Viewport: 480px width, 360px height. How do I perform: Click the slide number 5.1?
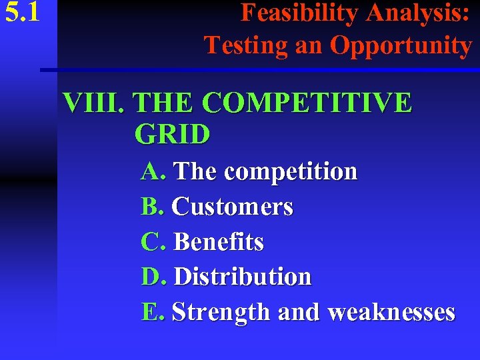pos(21,14)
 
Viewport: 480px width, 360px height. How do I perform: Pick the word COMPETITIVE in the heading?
pos(306,103)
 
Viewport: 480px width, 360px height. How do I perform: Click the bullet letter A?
pos(153,172)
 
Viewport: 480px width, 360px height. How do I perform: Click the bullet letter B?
pos(152,207)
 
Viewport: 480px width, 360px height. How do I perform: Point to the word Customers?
pos(233,207)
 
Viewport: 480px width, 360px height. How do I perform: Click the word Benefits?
pos(219,242)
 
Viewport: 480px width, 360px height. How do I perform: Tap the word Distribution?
pos(242,277)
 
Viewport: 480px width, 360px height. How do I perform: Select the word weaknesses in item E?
pos(392,312)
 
